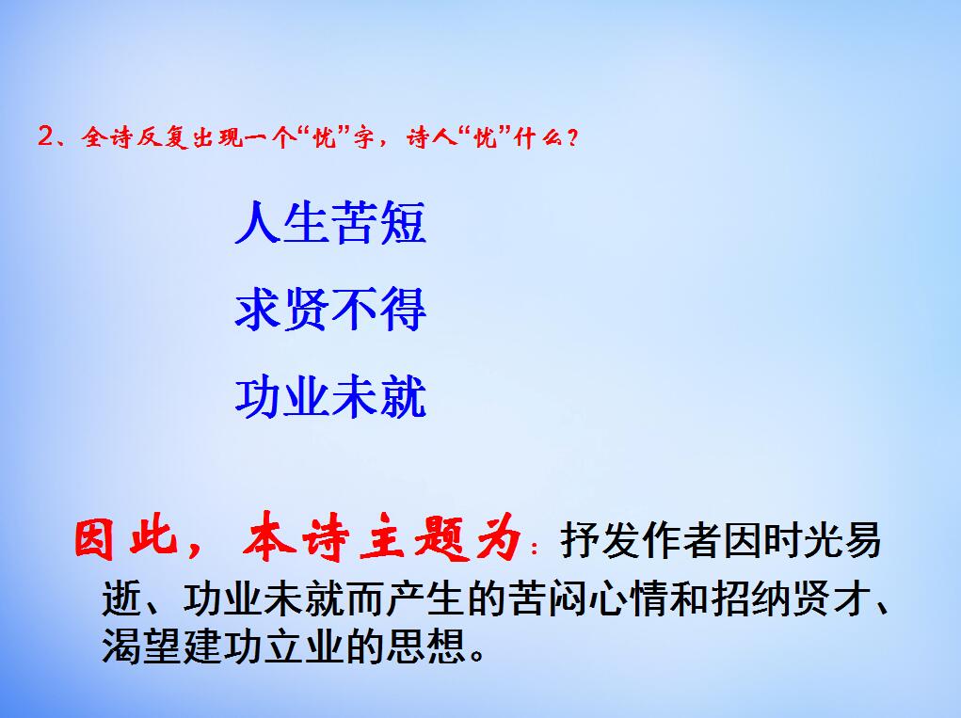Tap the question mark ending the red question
pos(573,138)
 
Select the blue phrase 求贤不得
pos(330,311)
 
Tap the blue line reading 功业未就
pos(330,397)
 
